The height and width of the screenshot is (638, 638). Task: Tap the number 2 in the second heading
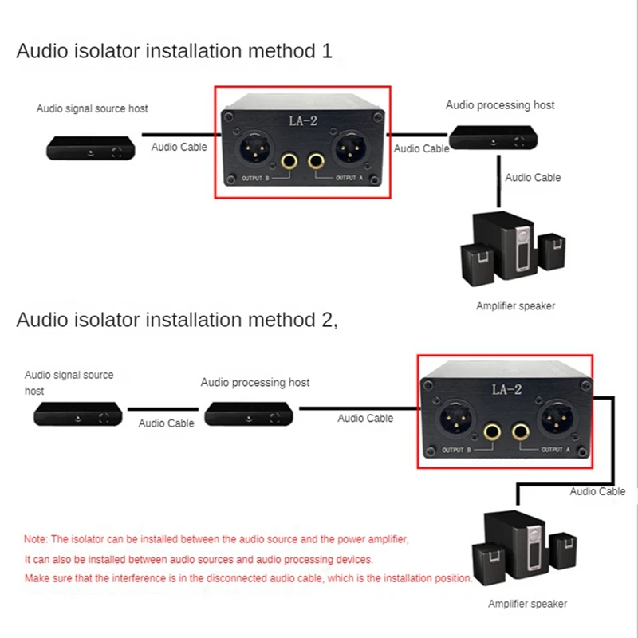click(328, 321)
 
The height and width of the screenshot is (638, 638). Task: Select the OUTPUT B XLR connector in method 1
click(253, 152)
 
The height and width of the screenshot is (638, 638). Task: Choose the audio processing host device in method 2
click(249, 413)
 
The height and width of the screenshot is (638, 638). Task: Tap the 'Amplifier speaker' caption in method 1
click(515, 305)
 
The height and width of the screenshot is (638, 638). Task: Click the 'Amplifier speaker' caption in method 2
click(528, 604)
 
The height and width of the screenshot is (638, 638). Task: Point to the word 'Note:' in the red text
click(37, 539)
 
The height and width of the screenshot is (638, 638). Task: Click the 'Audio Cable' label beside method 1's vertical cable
click(533, 178)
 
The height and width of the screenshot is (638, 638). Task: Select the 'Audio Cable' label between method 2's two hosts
click(166, 423)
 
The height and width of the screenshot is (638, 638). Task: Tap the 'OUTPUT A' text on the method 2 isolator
click(556, 450)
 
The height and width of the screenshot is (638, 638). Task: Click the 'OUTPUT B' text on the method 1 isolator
click(257, 178)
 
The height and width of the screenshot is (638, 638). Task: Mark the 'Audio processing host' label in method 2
click(255, 383)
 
